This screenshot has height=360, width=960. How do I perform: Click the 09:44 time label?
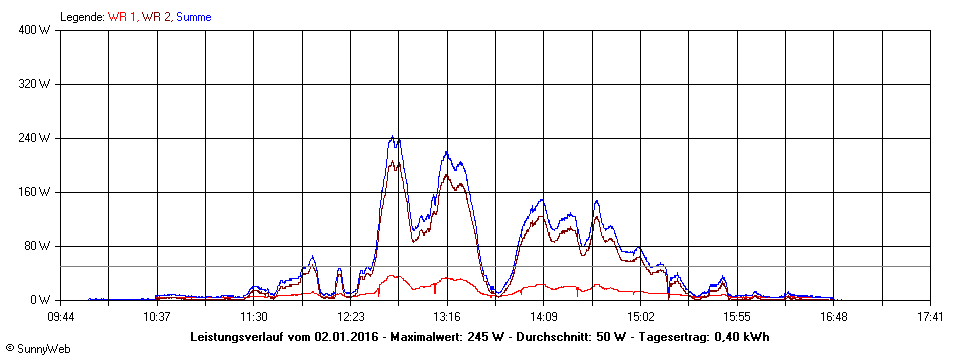coord(61,317)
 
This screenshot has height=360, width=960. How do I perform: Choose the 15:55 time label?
coord(737,317)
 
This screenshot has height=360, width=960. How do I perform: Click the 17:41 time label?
coord(930,317)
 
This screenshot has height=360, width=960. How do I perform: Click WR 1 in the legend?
coord(123,17)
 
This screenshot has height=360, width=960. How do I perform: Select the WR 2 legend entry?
coord(156,17)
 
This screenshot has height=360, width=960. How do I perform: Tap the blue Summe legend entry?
coord(193,17)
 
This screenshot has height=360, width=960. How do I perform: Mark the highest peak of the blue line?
coord(393,137)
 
